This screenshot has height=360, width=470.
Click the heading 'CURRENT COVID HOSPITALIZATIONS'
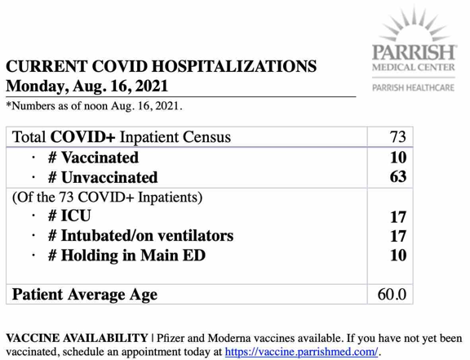coord(161,66)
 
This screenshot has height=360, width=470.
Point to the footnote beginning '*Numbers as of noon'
coord(94,106)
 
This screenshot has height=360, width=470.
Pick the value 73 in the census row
coord(397,137)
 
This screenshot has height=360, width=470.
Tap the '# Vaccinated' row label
coord(92,158)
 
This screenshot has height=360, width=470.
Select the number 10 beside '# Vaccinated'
coord(397,158)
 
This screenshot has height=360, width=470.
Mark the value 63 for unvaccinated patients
coord(397,176)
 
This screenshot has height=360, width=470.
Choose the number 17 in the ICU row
coord(397,216)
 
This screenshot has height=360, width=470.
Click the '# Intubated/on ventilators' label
coord(140,236)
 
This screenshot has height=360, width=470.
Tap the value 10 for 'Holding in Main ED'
coord(397,256)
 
